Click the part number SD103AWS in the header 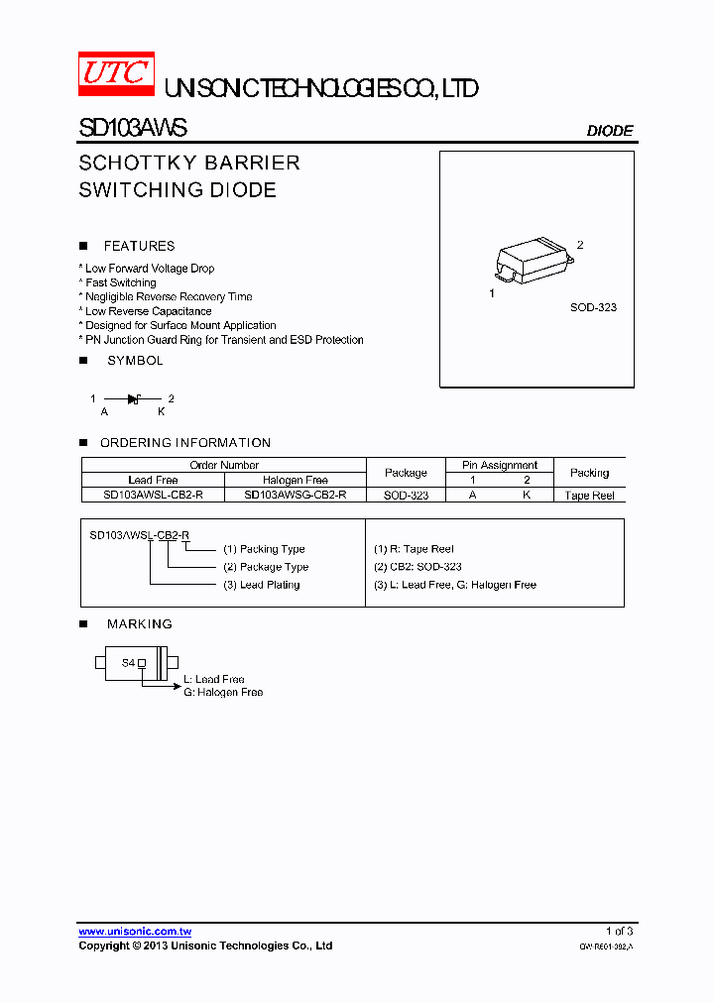132,129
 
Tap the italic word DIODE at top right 610,131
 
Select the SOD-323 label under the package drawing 593,307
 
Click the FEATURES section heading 139,246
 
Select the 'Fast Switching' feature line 120,282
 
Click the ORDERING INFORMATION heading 185,443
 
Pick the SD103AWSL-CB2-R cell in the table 153,495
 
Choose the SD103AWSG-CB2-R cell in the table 295,495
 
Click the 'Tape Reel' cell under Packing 589,495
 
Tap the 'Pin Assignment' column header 500,465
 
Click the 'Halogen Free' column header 295,480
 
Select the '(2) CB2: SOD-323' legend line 417,567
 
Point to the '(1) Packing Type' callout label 264,549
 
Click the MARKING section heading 140,624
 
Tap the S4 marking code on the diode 128,662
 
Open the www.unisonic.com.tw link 135,932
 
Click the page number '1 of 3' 619,931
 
